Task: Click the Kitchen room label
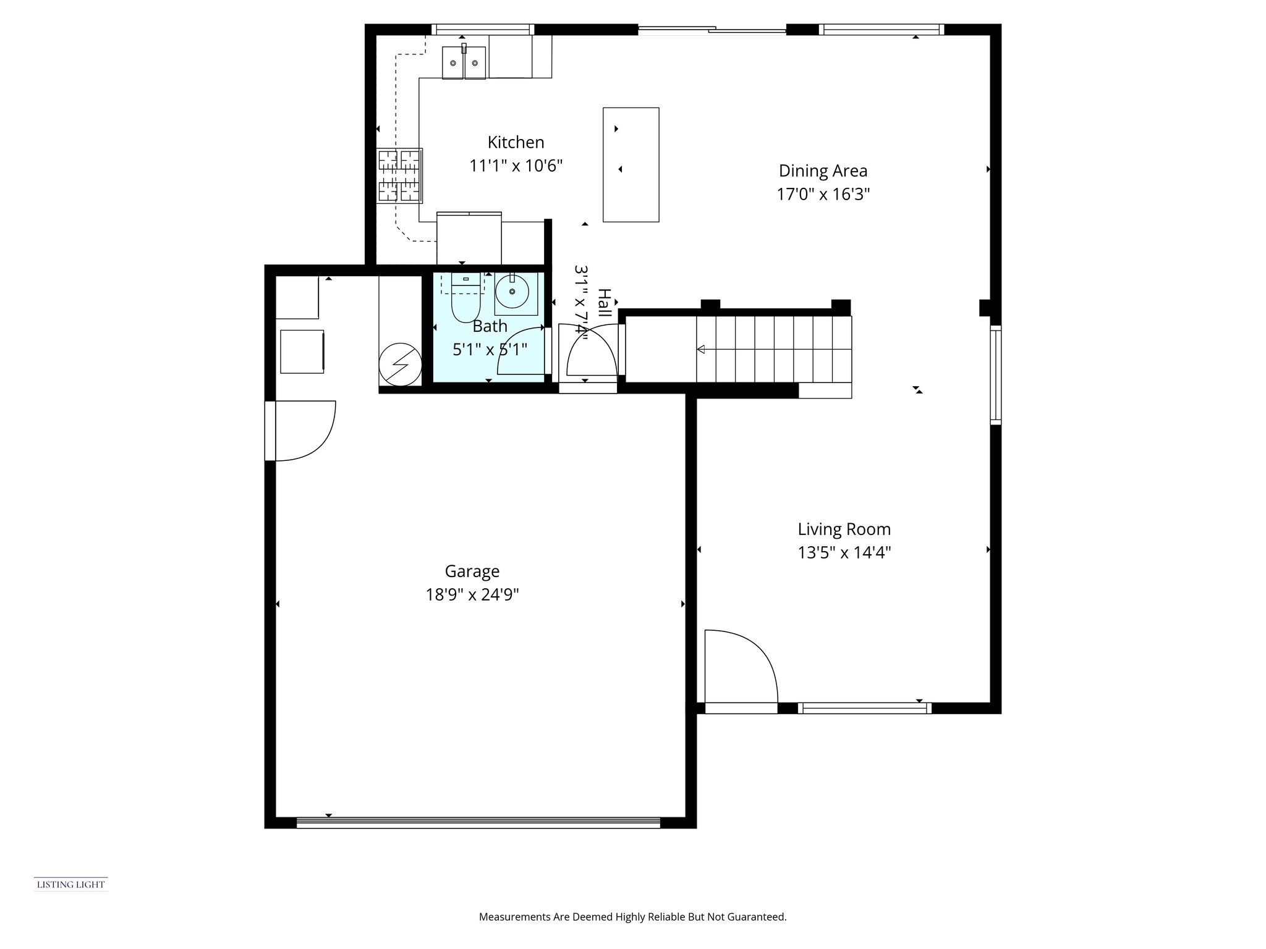516,143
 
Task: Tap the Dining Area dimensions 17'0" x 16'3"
823,195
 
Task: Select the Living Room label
844,529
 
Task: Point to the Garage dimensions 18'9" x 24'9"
472,595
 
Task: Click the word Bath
490,326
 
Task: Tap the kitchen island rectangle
631,164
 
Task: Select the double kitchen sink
464,62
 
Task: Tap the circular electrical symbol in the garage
400,365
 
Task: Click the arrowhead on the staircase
701,350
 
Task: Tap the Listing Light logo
71,884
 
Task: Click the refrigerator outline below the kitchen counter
469,238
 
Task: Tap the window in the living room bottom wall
865,708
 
